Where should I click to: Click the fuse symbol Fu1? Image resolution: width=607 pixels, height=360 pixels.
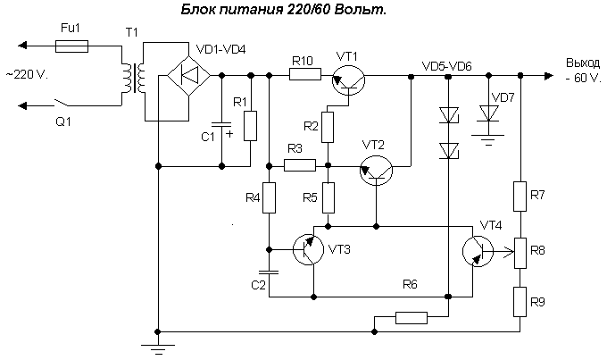(71, 45)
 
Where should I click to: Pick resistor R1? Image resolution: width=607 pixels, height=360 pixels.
(250, 124)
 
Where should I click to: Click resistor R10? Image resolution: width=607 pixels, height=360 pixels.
(304, 76)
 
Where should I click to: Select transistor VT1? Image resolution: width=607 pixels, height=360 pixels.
(346, 80)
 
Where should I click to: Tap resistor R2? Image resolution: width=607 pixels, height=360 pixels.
(328, 127)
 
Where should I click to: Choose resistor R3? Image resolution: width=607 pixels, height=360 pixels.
(299, 164)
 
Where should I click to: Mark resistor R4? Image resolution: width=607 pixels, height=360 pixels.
(269, 196)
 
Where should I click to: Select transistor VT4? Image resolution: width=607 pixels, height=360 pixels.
(478, 251)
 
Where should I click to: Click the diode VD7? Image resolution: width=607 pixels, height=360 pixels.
(488, 112)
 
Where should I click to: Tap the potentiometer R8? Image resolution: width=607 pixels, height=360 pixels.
(520, 251)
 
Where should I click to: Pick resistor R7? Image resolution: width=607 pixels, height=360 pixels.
(520, 195)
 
